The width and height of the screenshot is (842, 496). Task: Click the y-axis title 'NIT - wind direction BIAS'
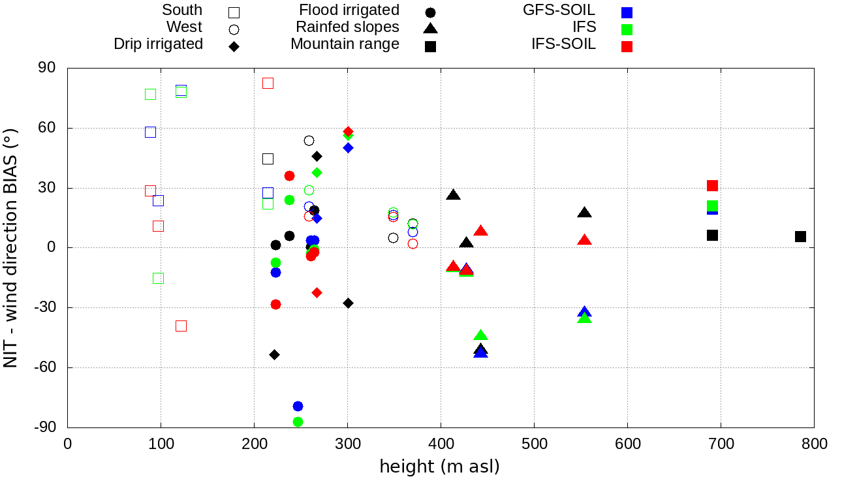11,247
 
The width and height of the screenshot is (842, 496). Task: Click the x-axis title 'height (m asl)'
440,467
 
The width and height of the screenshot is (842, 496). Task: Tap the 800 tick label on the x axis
814,444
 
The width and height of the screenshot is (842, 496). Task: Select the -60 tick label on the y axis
44,367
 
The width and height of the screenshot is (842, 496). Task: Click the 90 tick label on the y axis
48,68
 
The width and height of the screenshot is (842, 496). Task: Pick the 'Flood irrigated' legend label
349,10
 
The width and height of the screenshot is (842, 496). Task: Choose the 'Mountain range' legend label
345,44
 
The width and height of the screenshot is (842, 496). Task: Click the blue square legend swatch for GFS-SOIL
627,12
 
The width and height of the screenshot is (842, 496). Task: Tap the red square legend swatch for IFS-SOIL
627,46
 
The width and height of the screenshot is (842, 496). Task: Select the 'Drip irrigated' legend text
158,44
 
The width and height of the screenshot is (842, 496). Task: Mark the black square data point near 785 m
800,236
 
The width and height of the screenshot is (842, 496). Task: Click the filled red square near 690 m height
712,186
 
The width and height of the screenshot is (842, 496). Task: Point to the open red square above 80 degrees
268,83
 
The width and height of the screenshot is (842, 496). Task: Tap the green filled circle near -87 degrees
298,422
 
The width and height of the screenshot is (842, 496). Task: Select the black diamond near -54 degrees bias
275,354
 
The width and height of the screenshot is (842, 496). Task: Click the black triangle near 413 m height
453,195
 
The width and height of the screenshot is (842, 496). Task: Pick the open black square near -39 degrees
181,326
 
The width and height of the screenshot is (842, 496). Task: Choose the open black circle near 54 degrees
309,140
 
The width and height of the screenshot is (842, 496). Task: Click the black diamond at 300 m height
348,303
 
